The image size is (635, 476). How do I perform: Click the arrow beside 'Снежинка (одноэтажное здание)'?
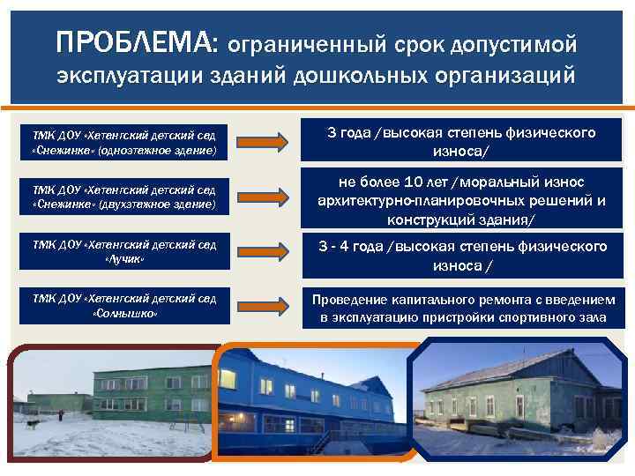pos(263,141)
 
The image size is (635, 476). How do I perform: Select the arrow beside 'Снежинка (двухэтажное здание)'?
pos(263,196)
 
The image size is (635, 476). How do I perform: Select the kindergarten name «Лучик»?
pos(123,260)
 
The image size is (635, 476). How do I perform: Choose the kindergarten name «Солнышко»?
pos(123,314)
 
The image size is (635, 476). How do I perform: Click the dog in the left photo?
pos(34,425)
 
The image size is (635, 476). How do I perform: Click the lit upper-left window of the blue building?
pos(228,379)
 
